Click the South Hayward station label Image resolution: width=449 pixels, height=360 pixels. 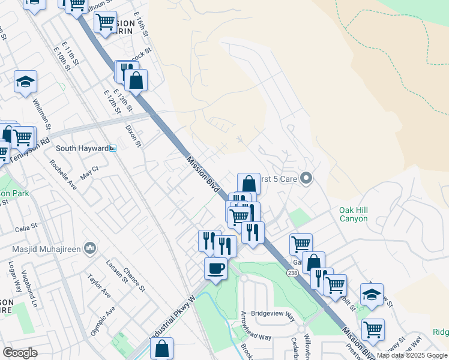pos(82,148)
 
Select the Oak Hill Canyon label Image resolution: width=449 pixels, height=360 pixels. pos(361,214)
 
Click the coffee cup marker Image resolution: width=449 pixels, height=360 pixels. pos(216,268)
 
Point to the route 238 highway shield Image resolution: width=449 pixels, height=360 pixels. pos(292,273)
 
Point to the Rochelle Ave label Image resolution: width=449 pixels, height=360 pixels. pos(64,174)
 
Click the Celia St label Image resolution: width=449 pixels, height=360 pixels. pos(26,227)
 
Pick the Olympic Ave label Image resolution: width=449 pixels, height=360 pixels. pos(103,322)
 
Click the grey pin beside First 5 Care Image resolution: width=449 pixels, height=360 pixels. pos(307,178)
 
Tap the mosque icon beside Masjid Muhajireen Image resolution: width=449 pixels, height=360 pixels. pos(90,248)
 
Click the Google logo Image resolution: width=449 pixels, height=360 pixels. pos(20,353)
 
